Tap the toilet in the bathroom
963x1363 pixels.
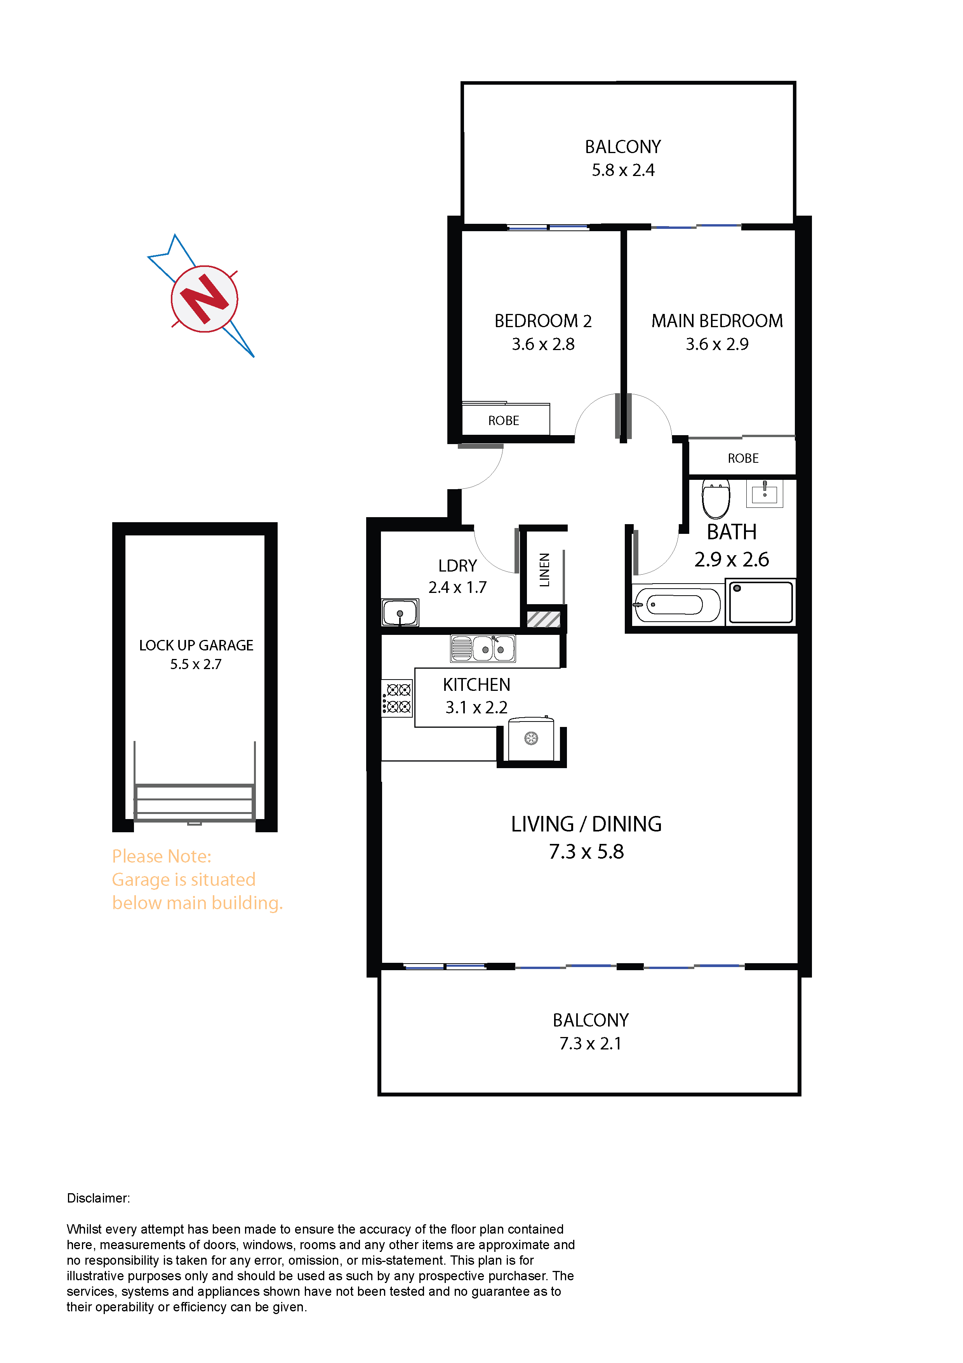[716, 498]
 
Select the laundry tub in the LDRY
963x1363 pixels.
[400, 612]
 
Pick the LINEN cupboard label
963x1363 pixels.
[544, 570]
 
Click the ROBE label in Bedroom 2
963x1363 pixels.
[503, 420]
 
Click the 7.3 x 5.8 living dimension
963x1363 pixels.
[586, 852]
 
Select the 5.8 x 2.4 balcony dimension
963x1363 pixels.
[623, 170]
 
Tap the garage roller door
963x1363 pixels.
[195, 803]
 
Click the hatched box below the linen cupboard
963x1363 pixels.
[544, 619]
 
